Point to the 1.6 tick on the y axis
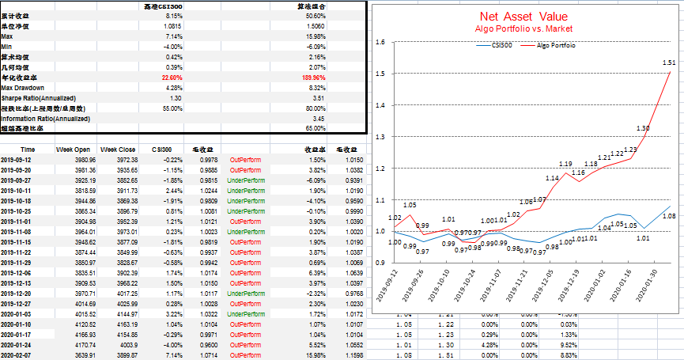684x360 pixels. pos(380,43)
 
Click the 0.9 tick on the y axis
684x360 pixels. pos(380,262)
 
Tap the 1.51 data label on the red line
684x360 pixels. pos(667,63)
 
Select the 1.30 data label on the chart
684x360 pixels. pos(643,128)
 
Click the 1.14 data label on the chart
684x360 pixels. pos(552,179)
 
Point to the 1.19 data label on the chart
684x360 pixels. pos(565,164)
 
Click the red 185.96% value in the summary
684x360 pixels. pos(316,78)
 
